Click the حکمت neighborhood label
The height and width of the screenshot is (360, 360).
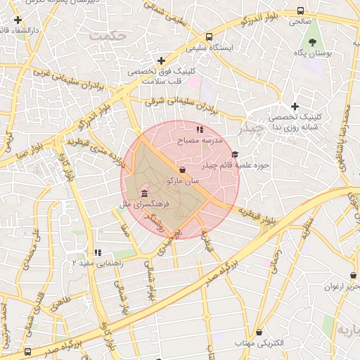pos(113,34)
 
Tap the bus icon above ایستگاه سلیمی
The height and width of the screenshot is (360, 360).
pos(209,37)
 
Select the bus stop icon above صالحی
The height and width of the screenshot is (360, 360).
pos(301,11)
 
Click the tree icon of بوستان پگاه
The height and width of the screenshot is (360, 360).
pos(312,42)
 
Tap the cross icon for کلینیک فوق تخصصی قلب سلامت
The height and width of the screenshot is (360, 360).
pos(162,61)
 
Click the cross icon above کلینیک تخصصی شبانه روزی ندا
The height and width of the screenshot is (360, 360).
pos(295,106)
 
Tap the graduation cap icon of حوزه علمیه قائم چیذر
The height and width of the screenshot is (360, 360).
pos(235,155)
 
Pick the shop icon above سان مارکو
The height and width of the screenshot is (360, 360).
pos(184,169)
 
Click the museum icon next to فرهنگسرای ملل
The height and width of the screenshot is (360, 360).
pos(143,193)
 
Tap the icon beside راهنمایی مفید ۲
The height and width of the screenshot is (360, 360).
pos(98,252)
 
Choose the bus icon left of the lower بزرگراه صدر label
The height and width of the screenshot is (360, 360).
pos(27,351)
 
